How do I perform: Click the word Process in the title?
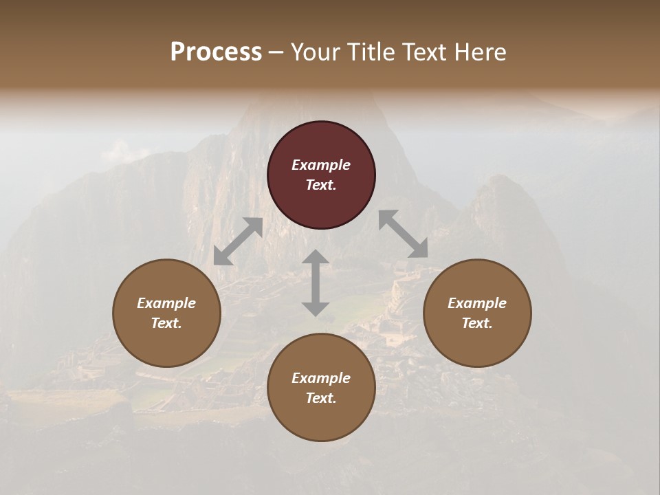(216, 52)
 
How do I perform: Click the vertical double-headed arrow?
(316, 283)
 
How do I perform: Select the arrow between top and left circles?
(239, 241)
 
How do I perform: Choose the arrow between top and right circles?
(404, 234)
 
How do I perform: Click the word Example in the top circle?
(321, 165)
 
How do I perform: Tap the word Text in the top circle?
(321, 185)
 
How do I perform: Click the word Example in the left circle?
(166, 303)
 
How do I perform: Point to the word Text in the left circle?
(166, 323)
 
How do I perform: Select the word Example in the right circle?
(477, 303)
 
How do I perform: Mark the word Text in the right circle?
(477, 323)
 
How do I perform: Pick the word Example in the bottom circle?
(321, 378)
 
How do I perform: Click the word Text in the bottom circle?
(321, 398)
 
